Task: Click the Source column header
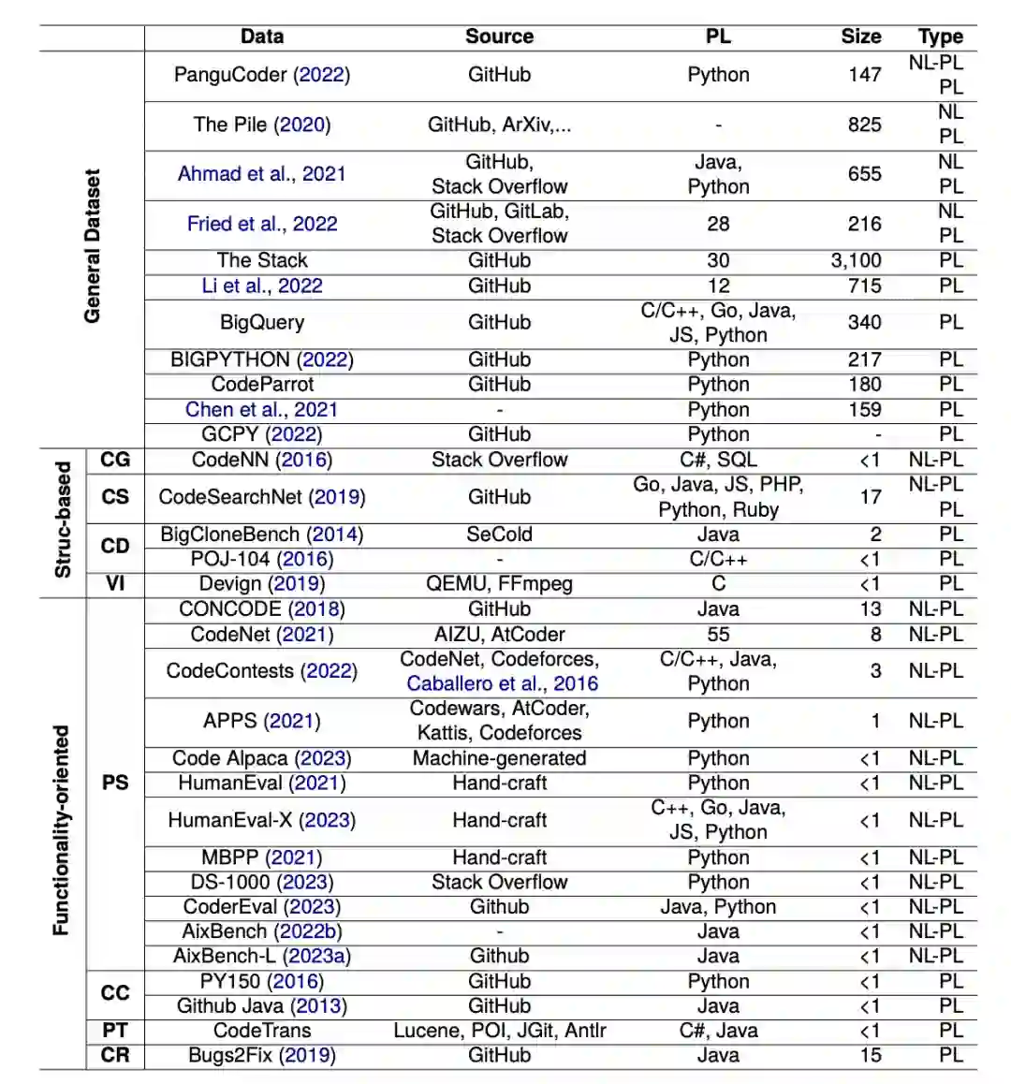tap(499, 37)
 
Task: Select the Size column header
tap(860, 37)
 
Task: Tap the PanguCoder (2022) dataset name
tap(262, 75)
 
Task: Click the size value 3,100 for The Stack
tap(856, 260)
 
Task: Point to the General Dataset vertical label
tap(92, 246)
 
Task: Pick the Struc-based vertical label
tap(63, 520)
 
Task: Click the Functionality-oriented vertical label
tap(61, 830)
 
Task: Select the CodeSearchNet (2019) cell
tap(262, 497)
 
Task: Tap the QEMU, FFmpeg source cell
tap(499, 584)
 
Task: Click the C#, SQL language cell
tap(718, 460)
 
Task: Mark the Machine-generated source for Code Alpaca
tap(499, 758)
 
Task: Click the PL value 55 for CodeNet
tap(718, 635)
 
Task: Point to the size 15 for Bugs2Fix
tap(871, 1055)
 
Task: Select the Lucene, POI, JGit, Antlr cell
tap(499, 1031)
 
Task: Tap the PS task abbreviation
tap(115, 783)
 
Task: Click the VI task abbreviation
tap(115, 584)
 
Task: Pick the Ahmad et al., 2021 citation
tap(262, 174)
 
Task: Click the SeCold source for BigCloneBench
tap(499, 535)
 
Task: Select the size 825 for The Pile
tap(864, 125)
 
